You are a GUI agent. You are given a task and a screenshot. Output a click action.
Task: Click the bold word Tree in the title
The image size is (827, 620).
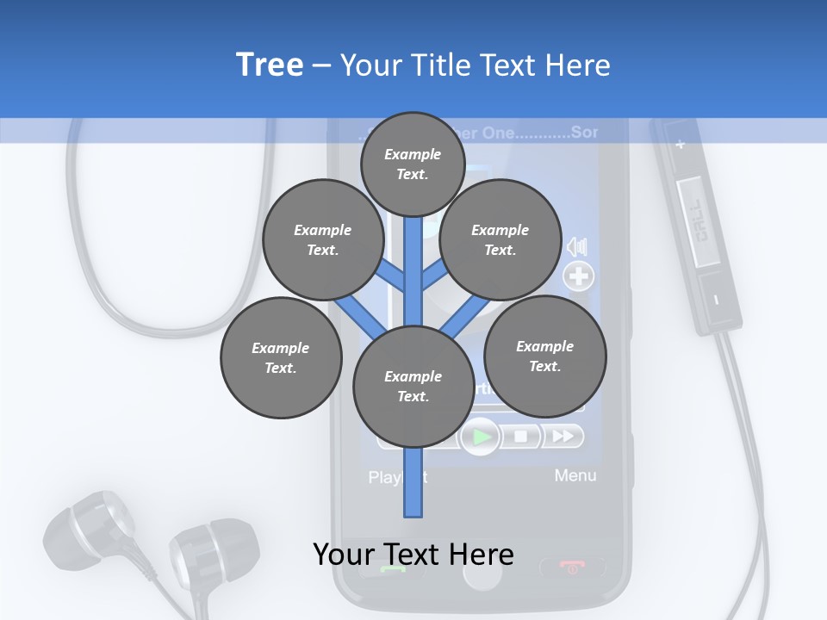pyautogui.click(x=270, y=65)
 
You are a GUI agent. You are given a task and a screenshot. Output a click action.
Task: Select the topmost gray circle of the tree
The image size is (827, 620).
pyautogui.click(x=413, y=164)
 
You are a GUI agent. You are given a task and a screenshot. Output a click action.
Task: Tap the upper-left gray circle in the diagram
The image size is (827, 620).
pyautogui.click(x=323, y=239)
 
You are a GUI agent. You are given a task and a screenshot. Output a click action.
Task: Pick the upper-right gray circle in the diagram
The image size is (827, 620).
pyautogui.click(x=501, y=239)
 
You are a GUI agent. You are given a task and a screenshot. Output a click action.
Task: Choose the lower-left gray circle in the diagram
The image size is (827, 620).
pyautogui.click(x=281, y=357)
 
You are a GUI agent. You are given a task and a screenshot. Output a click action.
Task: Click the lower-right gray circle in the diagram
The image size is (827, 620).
pyautogui.click(x=545, y=356)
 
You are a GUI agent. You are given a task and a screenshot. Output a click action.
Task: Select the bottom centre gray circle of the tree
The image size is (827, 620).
pyautogui.click(x=413, y=387)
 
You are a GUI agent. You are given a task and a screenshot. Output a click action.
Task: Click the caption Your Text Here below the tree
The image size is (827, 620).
pyautogui.click(x=413, y=555)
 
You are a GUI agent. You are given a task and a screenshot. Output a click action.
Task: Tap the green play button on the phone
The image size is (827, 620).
pyautogui.click(x=482, y=437)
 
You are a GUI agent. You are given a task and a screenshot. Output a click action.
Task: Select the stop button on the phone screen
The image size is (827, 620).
pyautogui.click(x=521, y=437)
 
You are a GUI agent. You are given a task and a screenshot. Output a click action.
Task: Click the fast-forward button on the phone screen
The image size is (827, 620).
pyautogui.click(x=563, y=437)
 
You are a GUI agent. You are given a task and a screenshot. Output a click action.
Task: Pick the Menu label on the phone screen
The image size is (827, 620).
pyautogui.click(x=575, y=475)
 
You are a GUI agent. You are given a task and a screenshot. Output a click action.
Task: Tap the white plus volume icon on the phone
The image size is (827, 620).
pyautogui.click(x=579, y=276)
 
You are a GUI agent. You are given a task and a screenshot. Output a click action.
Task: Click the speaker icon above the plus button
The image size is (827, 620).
pyautogui.click(x=577, y=247)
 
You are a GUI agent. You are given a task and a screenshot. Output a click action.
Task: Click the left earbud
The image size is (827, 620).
pyautogui.click(x=86, y=529)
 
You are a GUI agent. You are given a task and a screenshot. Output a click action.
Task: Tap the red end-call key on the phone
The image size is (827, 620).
pyautogui.click(x=572, y=567)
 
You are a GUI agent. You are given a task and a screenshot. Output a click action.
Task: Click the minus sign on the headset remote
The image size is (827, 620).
pyautogui.click(x=717, y=300)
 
